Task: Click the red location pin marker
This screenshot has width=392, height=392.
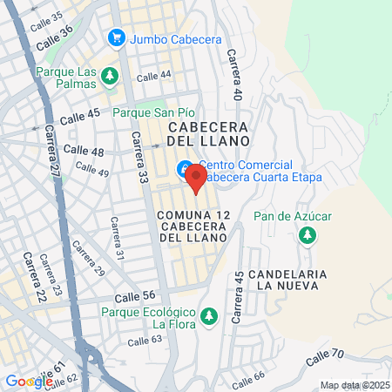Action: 195,179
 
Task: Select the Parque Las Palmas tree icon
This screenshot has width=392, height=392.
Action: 110,76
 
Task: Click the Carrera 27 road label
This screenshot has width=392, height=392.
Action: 54,159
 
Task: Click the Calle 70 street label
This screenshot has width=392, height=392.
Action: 326,355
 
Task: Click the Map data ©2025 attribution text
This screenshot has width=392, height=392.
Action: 354,385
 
